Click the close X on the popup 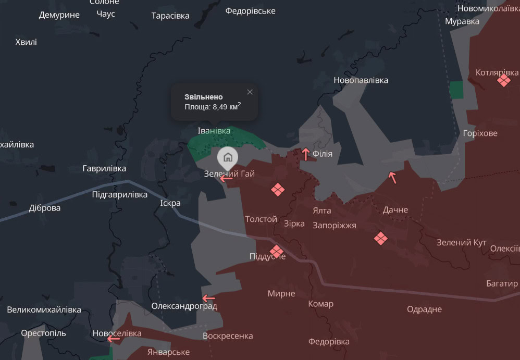[x=250, y=92]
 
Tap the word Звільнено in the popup [x=204, y=97]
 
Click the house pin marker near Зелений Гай [x=228, y=156]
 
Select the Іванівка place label [x=214, y=130]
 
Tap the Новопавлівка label [x=361, y=80]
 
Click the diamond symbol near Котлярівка [x=504, y=80]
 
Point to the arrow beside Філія [x=306, y=154]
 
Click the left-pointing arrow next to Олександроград [x=209, y=299]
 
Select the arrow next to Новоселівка [x=113, y=339]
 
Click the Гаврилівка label [x=104, y=168]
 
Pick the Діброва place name [x=45, y=208]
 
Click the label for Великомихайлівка [x=44, y=309]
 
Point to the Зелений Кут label [x=461, y=243]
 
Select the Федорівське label [x=250, y=11]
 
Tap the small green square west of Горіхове [x=456, y=89]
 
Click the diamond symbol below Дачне [x=381, y=239]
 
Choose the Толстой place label [x=261, y=219]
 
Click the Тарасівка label [x=170, y=16]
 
